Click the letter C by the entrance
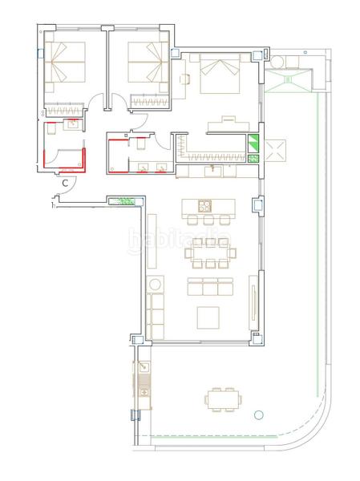pos(64,182)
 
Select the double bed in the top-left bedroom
pos(66,64)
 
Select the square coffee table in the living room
pos(211,317)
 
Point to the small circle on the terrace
pos(257,415)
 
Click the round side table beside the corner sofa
pos(155,283)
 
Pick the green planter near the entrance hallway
pos(125,202)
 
